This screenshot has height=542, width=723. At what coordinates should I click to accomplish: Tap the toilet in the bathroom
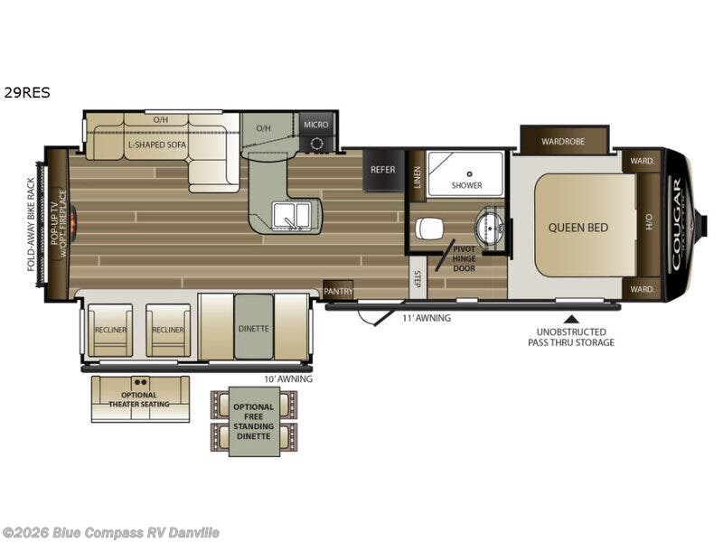tap(431, 229)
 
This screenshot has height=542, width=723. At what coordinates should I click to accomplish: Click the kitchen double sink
tap(292, 215)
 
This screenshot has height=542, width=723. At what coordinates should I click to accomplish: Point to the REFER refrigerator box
tap(383, 170)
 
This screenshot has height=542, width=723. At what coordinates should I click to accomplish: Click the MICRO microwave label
tap(315, 125)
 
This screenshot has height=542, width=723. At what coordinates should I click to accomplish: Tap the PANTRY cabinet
tap(338, 291)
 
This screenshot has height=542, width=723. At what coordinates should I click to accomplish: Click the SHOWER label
tap(467, 185)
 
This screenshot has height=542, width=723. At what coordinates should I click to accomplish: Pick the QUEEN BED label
tap(578, 228)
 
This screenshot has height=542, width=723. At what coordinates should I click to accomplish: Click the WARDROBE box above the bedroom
tap(563, 141)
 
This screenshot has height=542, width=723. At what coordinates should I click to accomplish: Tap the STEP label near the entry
tap(418, 279)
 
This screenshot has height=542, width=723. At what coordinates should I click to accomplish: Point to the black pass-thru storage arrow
tap(571, 317)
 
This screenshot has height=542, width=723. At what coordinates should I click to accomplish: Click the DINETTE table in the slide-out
tap(254, 328)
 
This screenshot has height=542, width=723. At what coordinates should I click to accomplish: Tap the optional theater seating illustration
tap(140, 398)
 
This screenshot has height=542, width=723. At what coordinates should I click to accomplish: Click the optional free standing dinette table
tap(254, 421)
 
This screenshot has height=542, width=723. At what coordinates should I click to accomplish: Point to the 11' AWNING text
tap(427, 318)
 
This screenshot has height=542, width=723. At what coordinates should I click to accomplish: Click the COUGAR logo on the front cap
tap(676, 223)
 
